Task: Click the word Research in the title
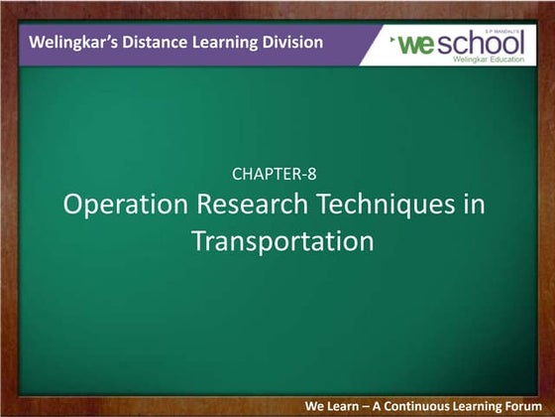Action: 244,206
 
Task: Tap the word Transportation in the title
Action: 281,240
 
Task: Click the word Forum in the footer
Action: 519,406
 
